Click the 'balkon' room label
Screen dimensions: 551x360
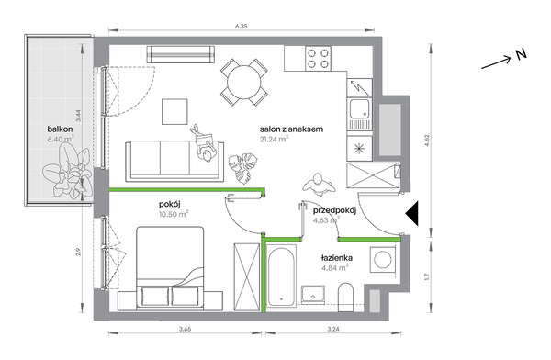(x=60, y=129)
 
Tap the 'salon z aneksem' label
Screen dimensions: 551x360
(x=291, y=129)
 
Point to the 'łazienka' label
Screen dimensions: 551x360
(x=337, y=258)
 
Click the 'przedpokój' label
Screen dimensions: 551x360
(x=335, y=210)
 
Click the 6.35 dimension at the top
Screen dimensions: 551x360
(x=241, y=26)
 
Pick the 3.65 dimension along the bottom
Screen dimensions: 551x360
(x=185, y=329)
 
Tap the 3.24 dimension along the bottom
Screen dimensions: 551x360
(x=333, y=329)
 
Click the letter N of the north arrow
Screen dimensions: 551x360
(x=521, y=54)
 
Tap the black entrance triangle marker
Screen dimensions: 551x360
(x=412, y=213)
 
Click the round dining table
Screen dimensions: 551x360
(x=244, y=83)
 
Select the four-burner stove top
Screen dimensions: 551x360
(x=318, y=59)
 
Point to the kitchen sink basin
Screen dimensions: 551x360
(x=359, y=108)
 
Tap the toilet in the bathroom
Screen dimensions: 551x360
(x=345, y=297)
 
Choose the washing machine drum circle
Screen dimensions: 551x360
(x=383, y=260)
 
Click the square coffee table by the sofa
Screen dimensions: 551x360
(x=174, y=111)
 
